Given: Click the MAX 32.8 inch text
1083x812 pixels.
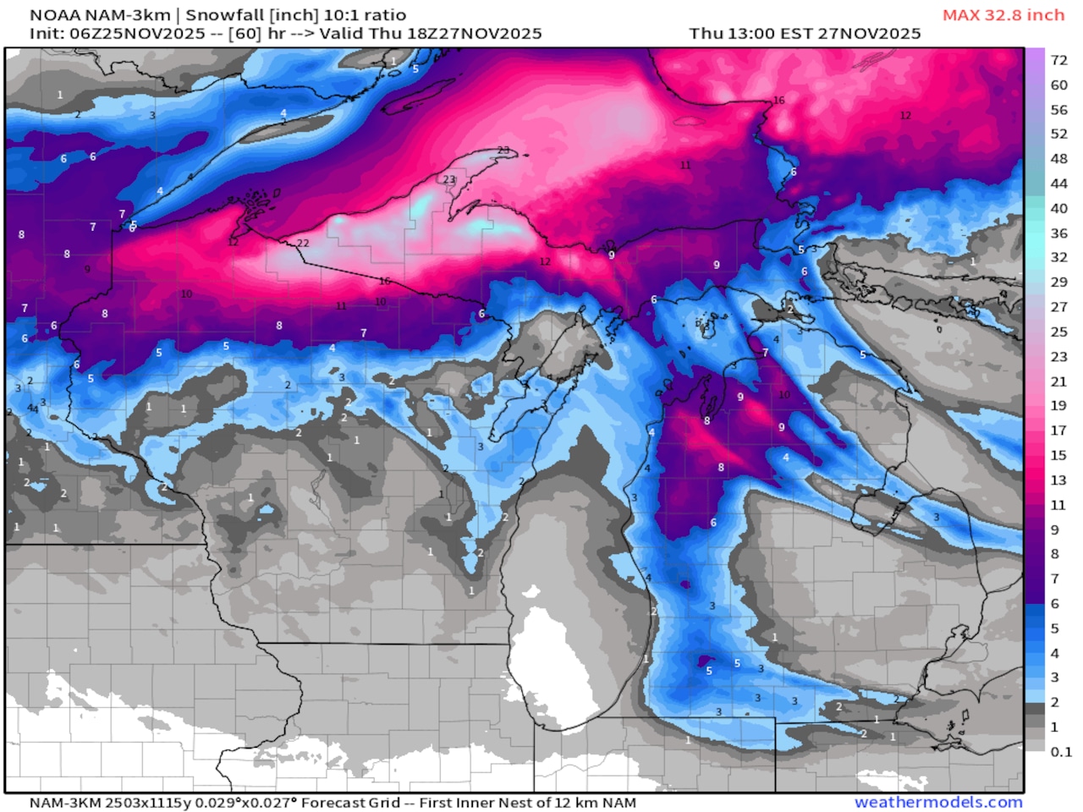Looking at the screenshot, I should click(x=1003, y=15).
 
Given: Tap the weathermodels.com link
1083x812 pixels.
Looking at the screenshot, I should click(x=938, y=802).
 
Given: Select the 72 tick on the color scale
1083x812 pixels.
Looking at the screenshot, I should click(x=1058, y=60).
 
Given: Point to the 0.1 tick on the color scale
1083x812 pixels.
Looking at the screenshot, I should click(x=1060, y=751).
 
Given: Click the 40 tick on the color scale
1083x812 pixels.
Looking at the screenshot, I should click(x=1058, y=208).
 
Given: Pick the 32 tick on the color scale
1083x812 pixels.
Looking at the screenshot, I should click(x=1058, y=257).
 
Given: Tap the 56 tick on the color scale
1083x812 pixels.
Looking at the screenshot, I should click(x=1058, y=110).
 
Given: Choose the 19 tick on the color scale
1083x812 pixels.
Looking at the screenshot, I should click(x=1058, y=405).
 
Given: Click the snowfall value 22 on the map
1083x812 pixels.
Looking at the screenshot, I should click(x=303, y=244).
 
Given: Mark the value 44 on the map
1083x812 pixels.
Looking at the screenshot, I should click(x=32, y=408).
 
